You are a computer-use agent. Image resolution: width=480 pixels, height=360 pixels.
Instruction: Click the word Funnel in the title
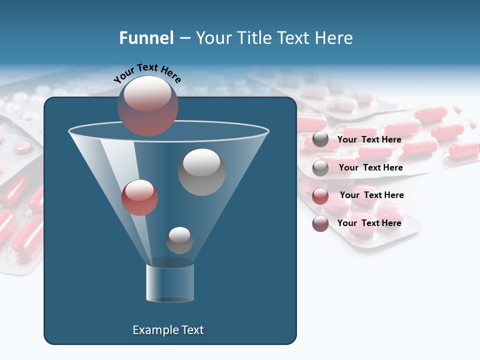pos(146,38)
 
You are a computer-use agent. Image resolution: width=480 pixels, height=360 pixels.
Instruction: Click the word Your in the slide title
pos(214,38)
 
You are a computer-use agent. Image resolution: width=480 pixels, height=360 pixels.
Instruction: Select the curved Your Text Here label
pos(147,72)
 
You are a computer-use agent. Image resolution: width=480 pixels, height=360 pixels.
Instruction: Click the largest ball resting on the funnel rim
pos(148,106)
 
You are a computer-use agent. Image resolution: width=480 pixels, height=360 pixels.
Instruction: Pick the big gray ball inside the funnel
pos(201,172)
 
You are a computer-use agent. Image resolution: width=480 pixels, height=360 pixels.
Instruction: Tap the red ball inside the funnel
pos(139,197)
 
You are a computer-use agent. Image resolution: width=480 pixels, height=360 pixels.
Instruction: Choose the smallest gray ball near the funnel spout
pos(179,240)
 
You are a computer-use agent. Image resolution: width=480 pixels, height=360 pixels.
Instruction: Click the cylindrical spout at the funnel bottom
pos(170,282)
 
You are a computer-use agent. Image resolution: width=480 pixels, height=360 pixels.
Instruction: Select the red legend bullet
pos(320,196)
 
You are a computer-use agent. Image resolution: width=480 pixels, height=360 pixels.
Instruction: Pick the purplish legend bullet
pos(320,223)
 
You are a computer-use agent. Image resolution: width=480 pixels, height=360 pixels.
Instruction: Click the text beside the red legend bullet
pos(371,195)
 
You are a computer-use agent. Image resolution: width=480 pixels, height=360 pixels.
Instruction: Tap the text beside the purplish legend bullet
pos(369,223)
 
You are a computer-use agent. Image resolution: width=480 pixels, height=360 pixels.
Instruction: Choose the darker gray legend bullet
pos(320,140)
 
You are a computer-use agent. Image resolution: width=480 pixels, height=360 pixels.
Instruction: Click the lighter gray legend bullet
pos(320,168)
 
